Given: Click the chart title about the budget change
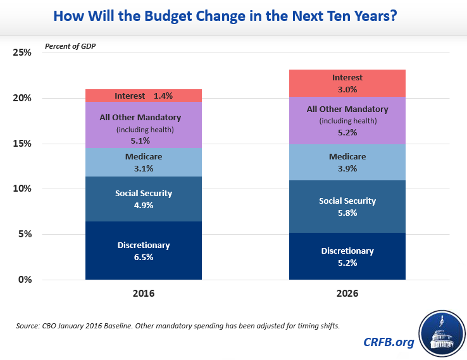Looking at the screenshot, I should [x=233, y=16].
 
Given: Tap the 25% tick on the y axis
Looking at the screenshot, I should [x=22, y=53].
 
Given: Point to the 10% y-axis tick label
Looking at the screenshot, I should [x=22, y=189].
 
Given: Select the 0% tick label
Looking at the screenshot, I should [x=25, y=280].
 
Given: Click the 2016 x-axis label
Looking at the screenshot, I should [x=144, y=294].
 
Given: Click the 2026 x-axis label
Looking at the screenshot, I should [x=347, y=294].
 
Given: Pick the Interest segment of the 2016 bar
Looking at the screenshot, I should [x=144, y=96].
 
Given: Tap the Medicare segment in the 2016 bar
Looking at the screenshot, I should [x=144, y=162].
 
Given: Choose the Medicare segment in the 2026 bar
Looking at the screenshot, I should [x=347, y=162].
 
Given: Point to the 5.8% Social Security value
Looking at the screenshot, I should [x=347, y=213].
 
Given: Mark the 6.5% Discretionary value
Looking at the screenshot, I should [x=144, y=258].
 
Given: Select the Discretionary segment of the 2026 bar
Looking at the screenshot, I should [x=347, y=256].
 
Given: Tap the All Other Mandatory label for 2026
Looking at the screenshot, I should [x=347, y=109].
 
